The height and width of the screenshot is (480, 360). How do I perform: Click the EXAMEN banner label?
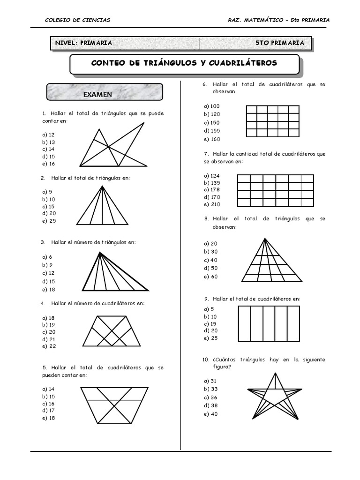click(97, 94)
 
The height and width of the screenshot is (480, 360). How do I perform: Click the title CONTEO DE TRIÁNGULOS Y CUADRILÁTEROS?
click(184, 63)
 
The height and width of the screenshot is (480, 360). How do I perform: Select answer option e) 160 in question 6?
click(212, 139)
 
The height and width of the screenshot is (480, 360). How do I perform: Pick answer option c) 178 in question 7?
click(212, 189)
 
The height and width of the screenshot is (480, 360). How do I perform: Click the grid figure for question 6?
click(272, 121)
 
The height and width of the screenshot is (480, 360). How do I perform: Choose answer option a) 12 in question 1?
click(48, 135)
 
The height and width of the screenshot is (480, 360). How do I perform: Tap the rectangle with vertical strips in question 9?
click(269, 323)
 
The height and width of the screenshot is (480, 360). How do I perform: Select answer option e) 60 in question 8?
click(211, 277)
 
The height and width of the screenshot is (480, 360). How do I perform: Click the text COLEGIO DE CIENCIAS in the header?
click(77, 20)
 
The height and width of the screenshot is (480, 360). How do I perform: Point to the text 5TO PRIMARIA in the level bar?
click(280, 43)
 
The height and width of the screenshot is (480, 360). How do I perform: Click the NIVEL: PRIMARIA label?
click(83, 43)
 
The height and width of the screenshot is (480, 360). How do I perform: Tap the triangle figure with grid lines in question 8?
click(272, 260)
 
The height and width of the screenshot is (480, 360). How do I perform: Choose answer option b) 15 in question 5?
click(48, 397)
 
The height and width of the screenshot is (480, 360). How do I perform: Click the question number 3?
click(43, 242)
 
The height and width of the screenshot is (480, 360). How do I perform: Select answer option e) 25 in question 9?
click(211, 338)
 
